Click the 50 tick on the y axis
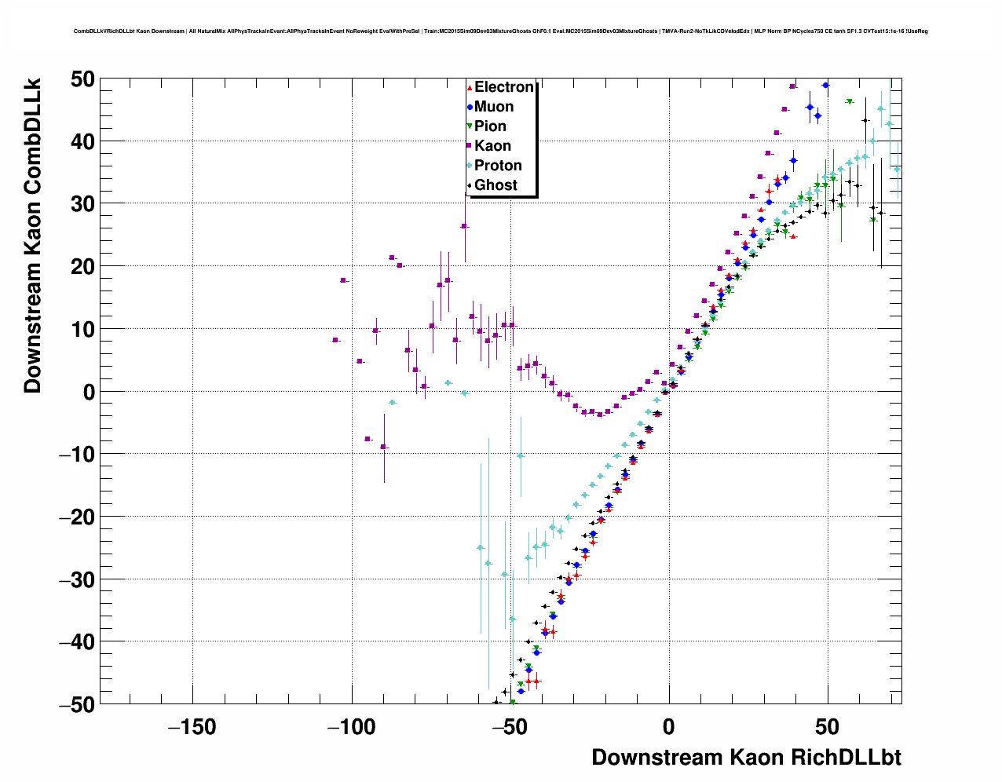click(80, 79)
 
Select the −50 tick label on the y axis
click(76, 704)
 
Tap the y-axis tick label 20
click(80, 266)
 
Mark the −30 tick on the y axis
click(76, 579)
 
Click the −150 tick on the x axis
click(192, 728)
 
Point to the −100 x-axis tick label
click(351, 728)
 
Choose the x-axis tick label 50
click(827, 728)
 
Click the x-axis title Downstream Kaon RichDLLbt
click(746, 758)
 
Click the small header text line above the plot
click(501, 31)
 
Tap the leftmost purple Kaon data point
click(335, 340)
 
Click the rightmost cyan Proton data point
click(898, 169)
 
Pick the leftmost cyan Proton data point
click(392, 402)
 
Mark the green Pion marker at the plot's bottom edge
click(512, 702)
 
